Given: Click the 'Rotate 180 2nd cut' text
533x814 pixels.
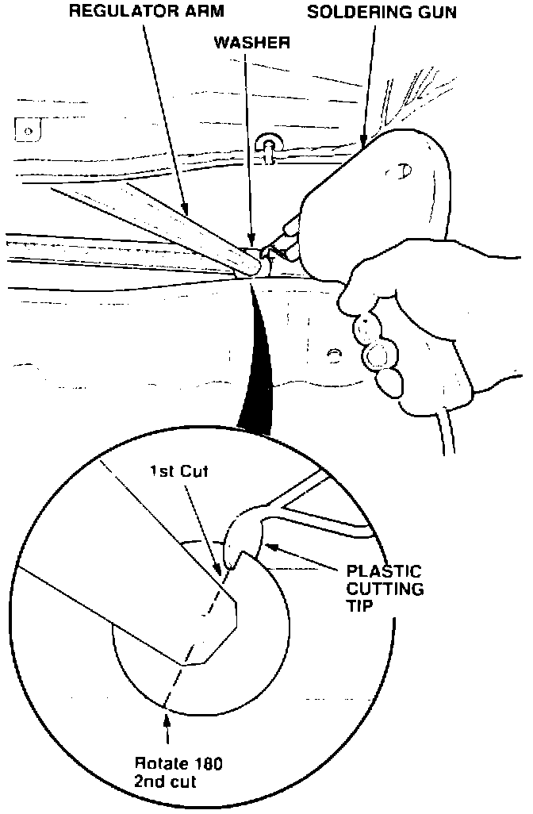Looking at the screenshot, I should coord(178,772).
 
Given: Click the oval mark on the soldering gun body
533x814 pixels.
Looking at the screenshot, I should coord(405,169).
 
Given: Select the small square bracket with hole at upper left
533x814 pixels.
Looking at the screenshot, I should coord(25,128).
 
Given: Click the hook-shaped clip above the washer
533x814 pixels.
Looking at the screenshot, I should coord(269,147).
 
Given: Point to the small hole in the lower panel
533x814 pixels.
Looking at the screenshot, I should coord(335,353).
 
